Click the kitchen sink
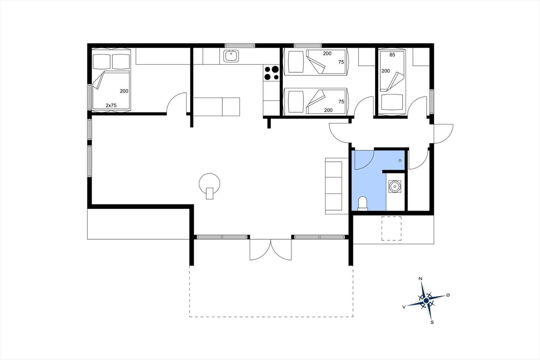tap(231, 56)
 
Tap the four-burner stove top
tap(271, 73)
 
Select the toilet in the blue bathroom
tap(362, 204)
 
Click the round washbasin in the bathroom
tap(395, 186)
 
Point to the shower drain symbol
tap(400, 160)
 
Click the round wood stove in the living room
tap(210, 186)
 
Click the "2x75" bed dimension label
tap(111, 105)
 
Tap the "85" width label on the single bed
tap(392, 55)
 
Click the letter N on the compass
tap(421, 279)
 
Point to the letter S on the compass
tap(432, 323)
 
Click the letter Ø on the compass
tap(448, 295)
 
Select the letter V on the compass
tap(404, 307)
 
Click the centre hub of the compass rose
tap(426, 301)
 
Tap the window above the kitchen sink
tap(240, 45)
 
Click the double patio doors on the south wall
tap(270, 250)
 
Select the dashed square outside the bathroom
tap(391, 228)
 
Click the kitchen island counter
tap(216, 107)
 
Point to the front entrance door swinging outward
tap(443, 134)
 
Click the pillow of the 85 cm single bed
tap(392, 102)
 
